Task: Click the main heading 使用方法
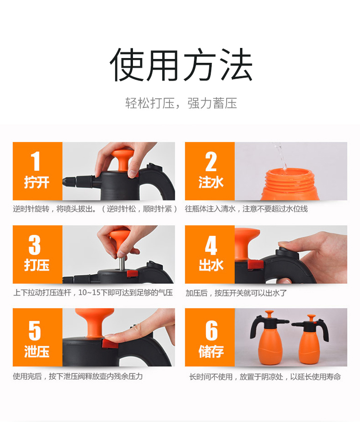coord(181,65)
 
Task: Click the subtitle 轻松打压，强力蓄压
coord(181,104)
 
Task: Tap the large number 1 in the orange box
coord(36,161)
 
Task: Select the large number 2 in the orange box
coord(211,162)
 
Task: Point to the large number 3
coord(35,245)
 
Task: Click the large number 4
coord(211,245)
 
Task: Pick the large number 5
coord(35,330)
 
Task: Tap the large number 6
coord(212,330)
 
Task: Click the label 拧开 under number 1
coord(36,182)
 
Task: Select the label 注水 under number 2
coord(211,182)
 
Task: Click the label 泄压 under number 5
coord(36,352)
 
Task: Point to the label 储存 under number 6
coord(211,352)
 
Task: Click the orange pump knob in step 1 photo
coord(122,159)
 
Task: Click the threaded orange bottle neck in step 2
coord(290,180)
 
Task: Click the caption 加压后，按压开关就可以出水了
coord(236,293)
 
